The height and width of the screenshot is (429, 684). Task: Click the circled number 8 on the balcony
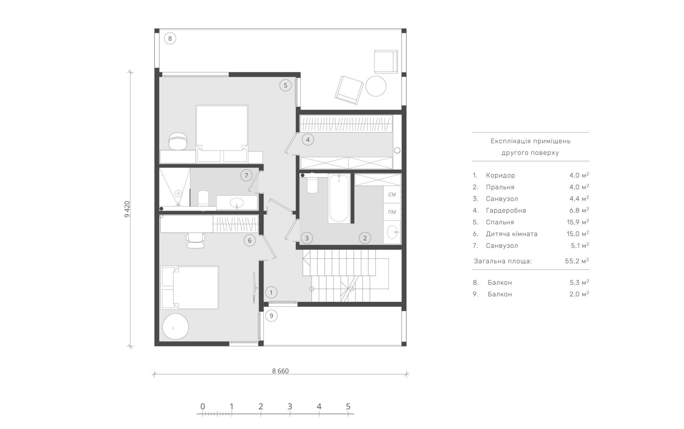pyautogui.click(x=170, y=39)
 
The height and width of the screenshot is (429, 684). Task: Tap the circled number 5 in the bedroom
pyautogui.click(x=286, y=85)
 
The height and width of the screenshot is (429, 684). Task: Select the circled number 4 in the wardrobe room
pyautogui.click(x=308, y=140)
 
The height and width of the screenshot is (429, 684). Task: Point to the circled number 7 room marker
pyautogui.click(x=246, y=175)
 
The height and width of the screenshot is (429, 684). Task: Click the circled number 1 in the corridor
pyautogui.click(x=271, y=293)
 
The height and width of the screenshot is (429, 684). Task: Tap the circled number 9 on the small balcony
pyautogui.click(x=271, y=315)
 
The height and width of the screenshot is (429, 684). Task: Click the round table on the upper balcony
pyautogui.click(x=376, y=86)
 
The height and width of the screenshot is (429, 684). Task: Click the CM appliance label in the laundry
pyautogui.click(x=392, y=194)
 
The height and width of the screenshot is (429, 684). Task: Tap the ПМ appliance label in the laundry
pyautogui.click(x=392, y=212)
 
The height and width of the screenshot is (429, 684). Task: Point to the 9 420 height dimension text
pyautogui.click(x=127, y=209)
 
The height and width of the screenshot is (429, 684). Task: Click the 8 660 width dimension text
pyautogui.click(x=280, y=371)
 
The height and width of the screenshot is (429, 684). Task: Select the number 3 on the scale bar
pyautogui.click(x=290, y=406)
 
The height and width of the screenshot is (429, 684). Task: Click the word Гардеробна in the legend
pyautogui.click(x=506, y=210)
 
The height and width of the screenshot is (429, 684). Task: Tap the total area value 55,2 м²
pyautogui.click(x=577, y=261)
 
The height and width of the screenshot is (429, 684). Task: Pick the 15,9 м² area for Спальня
pyautogui.click(x=577, y=222)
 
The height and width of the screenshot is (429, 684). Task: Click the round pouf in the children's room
pyautogui.click(x=176, y=327)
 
